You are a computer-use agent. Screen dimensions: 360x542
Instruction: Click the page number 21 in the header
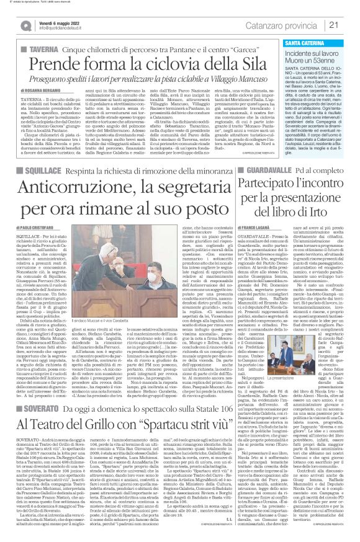[x=349, y=25]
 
